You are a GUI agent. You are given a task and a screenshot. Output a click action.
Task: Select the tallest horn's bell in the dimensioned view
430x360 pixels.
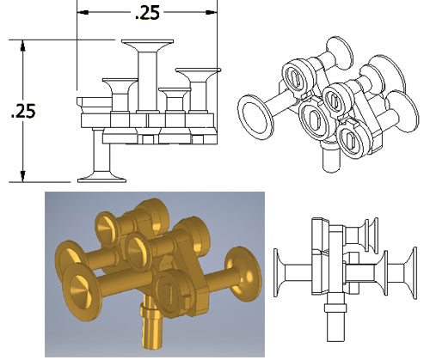click(x=148, y=43)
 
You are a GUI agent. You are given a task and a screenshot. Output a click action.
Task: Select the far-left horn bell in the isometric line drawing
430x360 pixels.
click(x=253, y=113)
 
